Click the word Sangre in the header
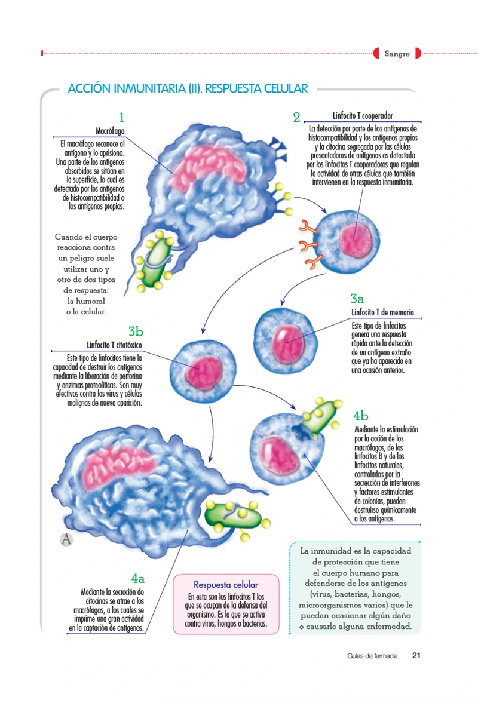(397, 54)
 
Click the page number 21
(416, 655)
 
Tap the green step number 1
(121, 117)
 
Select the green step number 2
(296, 117)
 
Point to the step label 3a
(357, 299)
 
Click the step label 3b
(136, 331)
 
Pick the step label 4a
(138, 578)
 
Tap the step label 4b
(361, 416)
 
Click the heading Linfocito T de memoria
(382, 312)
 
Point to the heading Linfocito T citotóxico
(114, 345)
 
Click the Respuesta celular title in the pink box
(226, 584)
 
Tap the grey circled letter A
(66, 539)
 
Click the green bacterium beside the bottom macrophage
(233, 515)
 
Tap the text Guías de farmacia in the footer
(372, 656)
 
